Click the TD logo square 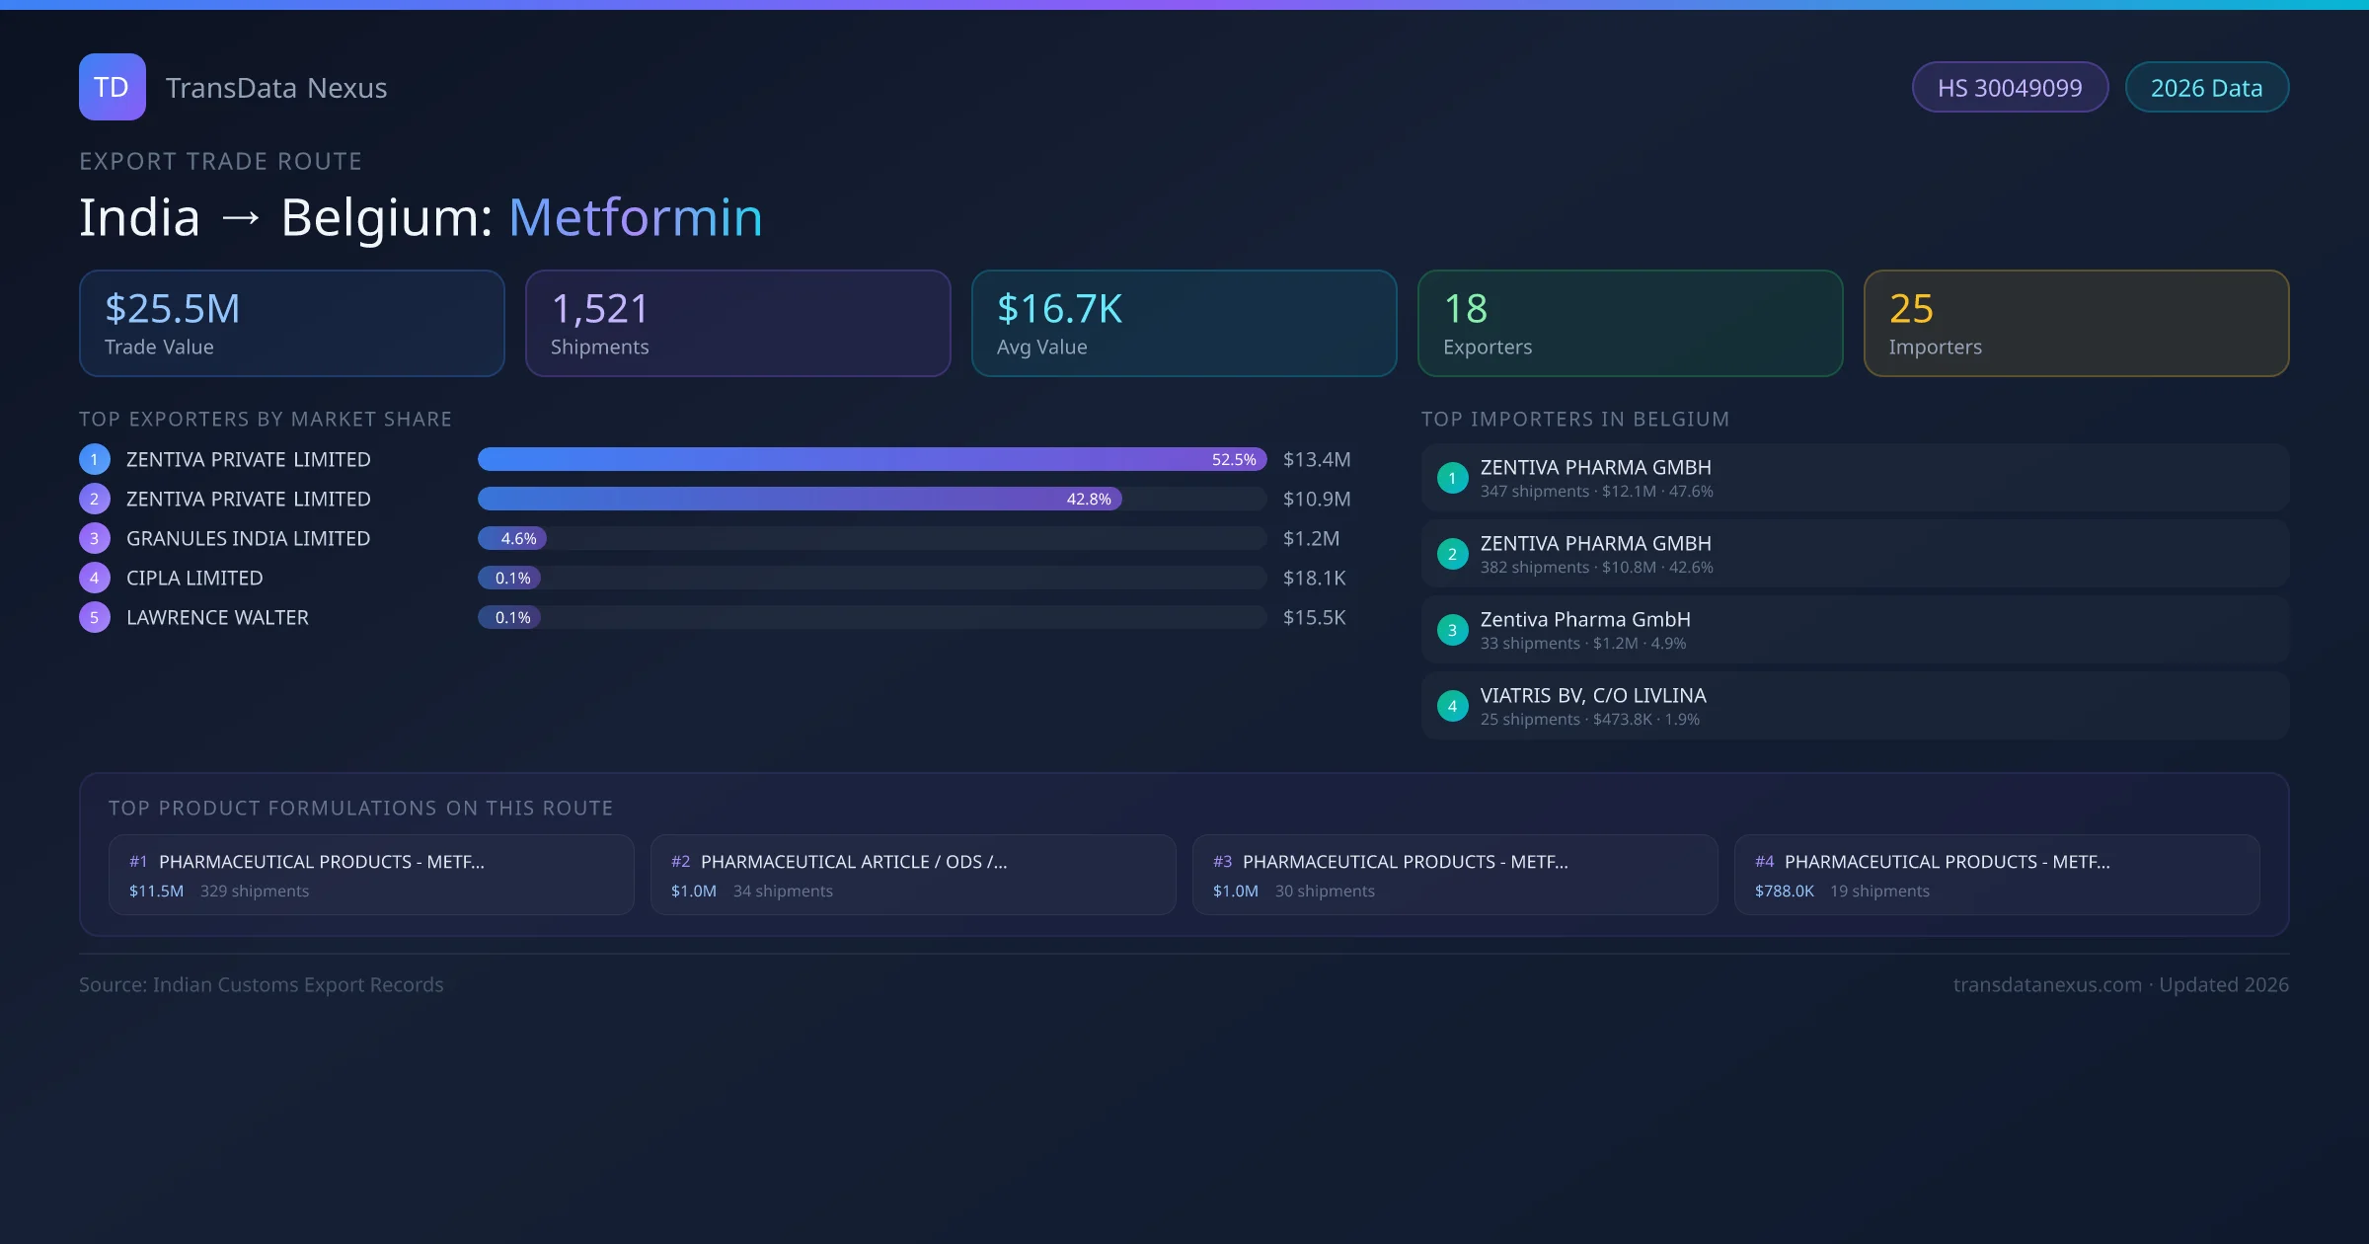(x=112, y=87)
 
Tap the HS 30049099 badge (x=2010, y=88)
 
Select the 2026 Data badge (x=2206, y=88)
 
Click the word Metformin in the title (x=635, y=217)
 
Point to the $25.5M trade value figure (x=173, y=309)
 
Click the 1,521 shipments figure (x=599, y=309)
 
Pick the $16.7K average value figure (x=1059, y=309)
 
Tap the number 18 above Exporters (x=1465, y=309)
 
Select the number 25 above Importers (x=1911, y=309)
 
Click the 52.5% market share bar (x=872, y=459)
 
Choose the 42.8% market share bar (x=800, y=499)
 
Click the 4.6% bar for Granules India (x=512, y=538)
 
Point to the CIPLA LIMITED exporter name (x=194, y=578)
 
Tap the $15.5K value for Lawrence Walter (x=1314, y=617)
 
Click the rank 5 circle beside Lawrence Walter (x=95, y=617)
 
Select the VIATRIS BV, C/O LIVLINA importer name (x=1593, y=695)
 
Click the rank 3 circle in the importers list (x=1452, y=630)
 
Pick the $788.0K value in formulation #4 (x=1784, y=891)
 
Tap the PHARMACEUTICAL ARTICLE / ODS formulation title (x=854, y=862)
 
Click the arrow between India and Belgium (x=241, y=217)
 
